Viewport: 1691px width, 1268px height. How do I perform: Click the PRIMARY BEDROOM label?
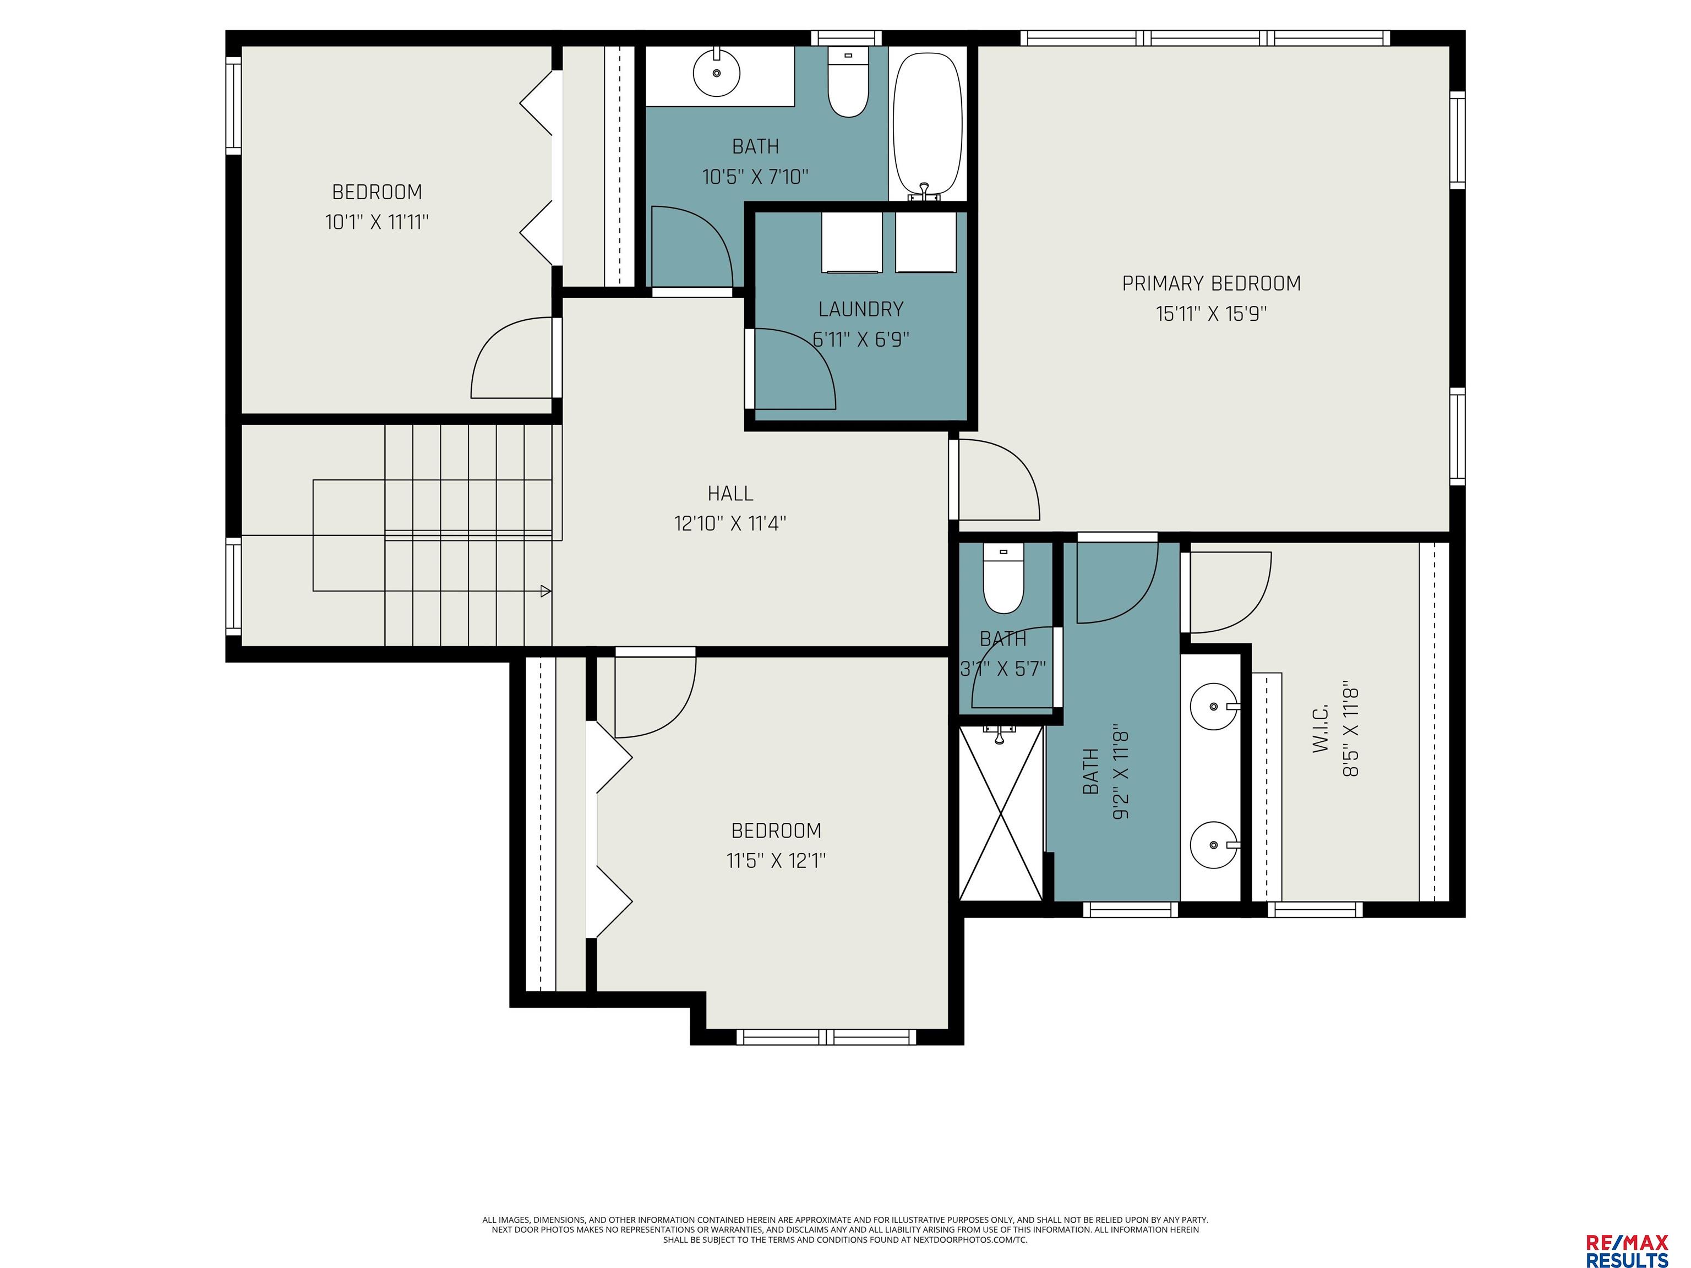pos(1211,283)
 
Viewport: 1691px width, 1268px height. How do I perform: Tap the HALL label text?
pos(730,494)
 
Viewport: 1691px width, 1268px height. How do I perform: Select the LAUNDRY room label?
pos(861,309)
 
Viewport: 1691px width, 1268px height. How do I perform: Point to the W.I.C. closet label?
pos(1322,729)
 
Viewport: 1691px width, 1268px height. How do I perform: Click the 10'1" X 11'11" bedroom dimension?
pos(377,222)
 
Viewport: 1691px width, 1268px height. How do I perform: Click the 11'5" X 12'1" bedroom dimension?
pos(776,861)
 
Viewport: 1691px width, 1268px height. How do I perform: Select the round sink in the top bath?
pos(716,73)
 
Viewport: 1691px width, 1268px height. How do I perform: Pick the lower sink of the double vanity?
pos(1215,845)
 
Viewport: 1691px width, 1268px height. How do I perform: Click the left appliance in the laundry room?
pos(852,242)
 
